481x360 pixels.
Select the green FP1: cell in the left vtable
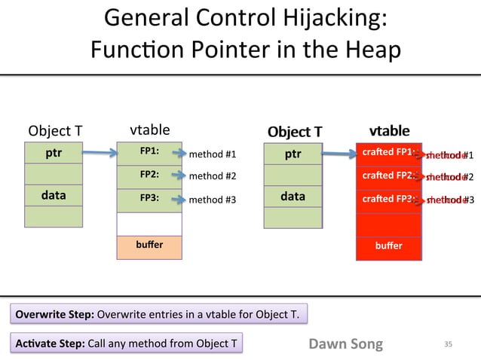(149, 152)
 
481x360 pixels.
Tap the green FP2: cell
(149, 175)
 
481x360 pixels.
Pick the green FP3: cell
(149, 199)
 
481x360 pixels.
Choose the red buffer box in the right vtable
(388, 246)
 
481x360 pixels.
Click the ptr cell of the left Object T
(54, 154)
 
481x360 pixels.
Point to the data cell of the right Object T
(293, 196)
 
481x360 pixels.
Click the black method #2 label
(212, 177)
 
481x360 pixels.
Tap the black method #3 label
(212, 200)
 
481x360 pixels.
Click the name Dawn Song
(345, 344)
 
